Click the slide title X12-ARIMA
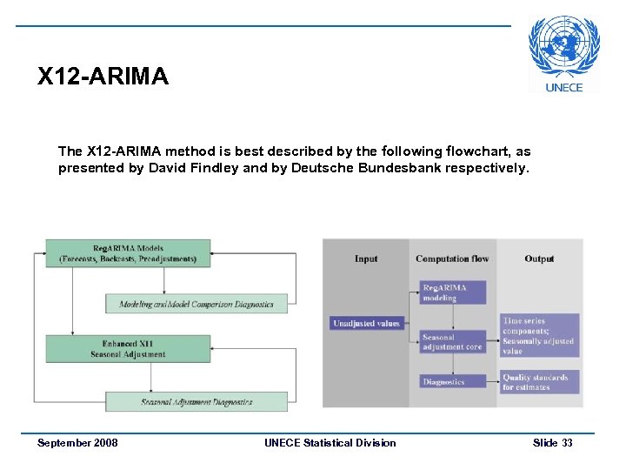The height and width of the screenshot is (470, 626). tap(103, 77)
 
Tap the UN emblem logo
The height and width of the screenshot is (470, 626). tap(564, 48)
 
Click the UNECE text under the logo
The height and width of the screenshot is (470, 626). tap(564, 87)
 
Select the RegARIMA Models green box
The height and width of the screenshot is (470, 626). tap(128, 252)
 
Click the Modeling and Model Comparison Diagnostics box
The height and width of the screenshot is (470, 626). tap(196, 304)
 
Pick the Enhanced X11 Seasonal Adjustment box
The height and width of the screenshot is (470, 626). tap(128, 349)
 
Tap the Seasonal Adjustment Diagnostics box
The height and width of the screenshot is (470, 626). tap(196, 401)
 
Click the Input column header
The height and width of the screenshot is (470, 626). tap(366, 258)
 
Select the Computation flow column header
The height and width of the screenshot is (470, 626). tap(452, 258)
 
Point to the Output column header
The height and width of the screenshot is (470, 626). tap(539, 258)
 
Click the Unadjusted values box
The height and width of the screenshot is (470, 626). tap(366, 324)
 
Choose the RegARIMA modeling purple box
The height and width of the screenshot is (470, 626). tap(452, 292)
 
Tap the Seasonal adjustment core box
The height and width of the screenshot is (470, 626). tap(452, 342)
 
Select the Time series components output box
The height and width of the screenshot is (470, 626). tap(539, 336)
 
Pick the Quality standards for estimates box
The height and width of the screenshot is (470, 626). tap(539, 382)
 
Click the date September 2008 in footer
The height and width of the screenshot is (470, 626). tap(77, 443)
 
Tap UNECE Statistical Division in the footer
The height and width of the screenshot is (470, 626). tap(330, 443)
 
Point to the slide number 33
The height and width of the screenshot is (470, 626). tap(567, 443)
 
